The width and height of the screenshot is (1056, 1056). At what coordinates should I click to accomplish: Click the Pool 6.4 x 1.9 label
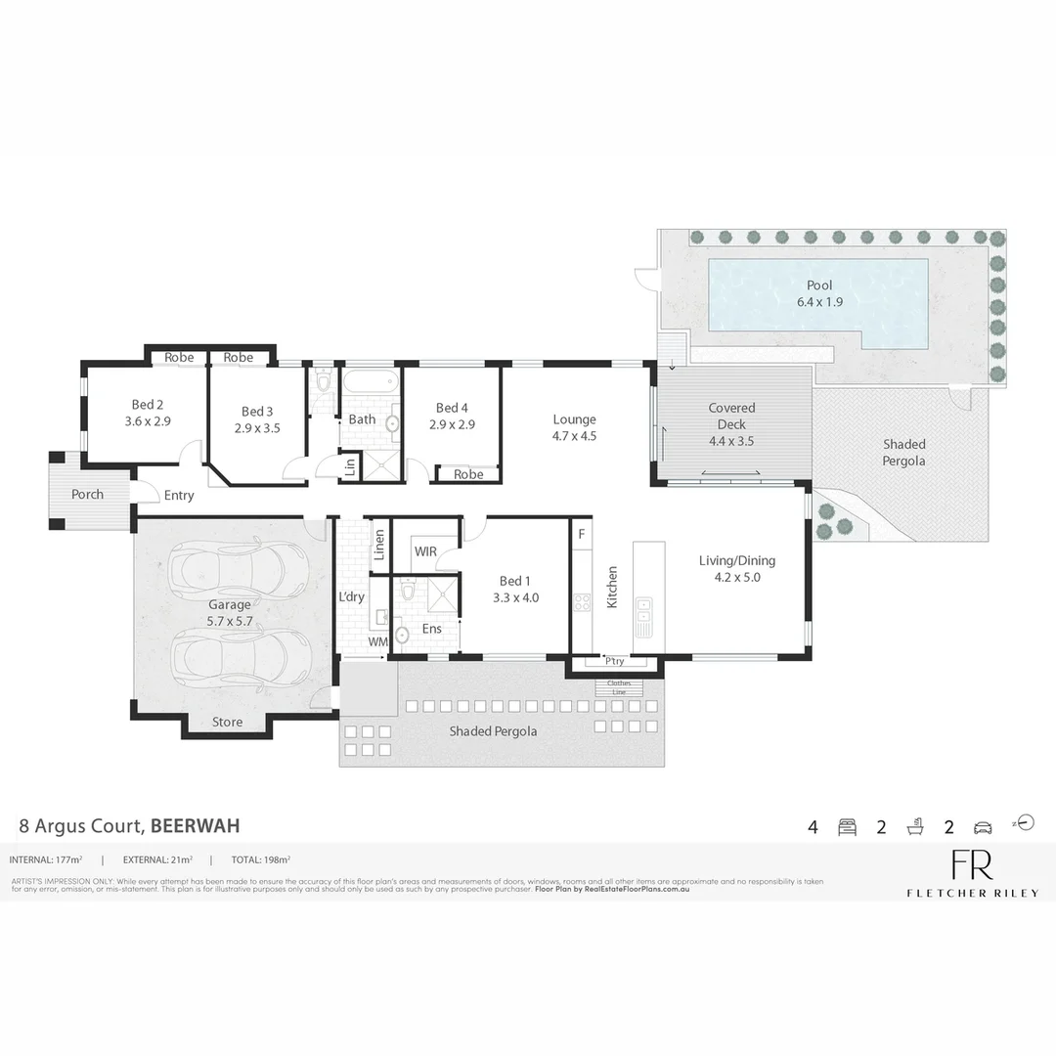819,293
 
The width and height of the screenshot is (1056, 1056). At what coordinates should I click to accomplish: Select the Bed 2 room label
148,414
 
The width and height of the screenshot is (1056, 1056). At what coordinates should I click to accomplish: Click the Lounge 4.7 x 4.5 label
574,427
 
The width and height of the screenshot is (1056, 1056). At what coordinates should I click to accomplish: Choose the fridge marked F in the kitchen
582,534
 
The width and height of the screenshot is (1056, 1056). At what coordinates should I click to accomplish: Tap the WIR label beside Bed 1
425,551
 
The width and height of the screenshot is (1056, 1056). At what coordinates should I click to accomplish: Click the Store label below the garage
228,723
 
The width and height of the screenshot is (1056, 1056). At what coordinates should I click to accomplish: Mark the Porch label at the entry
87,494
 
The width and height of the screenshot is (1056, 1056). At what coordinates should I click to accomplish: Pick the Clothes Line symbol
619,687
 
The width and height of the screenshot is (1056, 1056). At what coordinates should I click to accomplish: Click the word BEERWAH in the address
195,825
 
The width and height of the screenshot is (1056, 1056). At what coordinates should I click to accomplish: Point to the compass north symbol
1024,821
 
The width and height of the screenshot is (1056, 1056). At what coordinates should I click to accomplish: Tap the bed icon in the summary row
847,827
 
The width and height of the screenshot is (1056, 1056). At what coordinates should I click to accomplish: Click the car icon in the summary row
983,827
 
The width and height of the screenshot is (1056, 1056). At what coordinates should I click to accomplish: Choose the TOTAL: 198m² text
261,859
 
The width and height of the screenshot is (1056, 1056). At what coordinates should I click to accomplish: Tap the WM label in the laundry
377,641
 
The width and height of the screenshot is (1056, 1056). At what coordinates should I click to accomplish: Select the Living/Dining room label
736,568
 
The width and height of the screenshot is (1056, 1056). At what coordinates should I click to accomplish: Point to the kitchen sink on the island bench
644,611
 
